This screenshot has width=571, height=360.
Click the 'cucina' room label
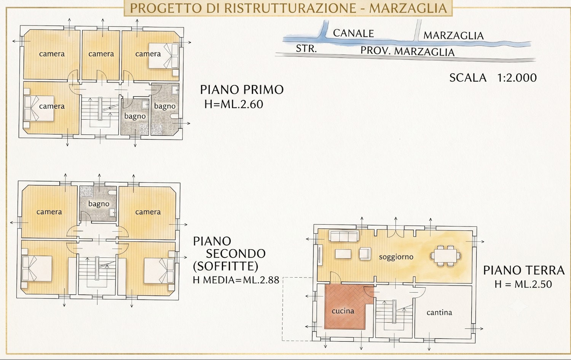[x=343, y=311]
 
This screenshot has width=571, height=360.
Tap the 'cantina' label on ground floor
[x=439, y=312]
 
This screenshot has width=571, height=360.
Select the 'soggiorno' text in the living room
[x=396, y=257]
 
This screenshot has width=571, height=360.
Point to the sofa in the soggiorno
[x=344, y=236]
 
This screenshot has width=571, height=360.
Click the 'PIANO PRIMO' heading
[x=242, y=90]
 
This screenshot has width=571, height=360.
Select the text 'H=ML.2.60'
[x=233, y=104]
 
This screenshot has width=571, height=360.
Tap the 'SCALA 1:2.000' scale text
[x=493, y=78]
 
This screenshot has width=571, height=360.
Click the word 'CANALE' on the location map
[x=353, y=34]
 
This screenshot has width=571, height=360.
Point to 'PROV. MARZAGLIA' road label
[x=407, y=51]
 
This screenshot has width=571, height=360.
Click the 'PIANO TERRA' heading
[x=523, y=270]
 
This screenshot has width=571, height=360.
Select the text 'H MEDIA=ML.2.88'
[x=236, y=280]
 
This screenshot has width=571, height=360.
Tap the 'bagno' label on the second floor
[x=99, y=204]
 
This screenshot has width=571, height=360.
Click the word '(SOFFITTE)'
[x=225, y=267]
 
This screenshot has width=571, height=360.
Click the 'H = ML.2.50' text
[x=523, y=284]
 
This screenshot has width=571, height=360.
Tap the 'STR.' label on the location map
[x=306, y=48]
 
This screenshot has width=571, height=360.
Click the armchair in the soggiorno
[x=365, y=254]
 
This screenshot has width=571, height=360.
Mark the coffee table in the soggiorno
[x=343, y=254]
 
